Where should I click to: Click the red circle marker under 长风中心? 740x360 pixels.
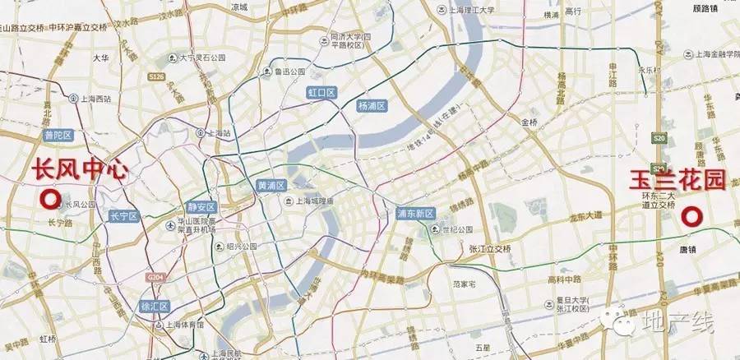[50, 199]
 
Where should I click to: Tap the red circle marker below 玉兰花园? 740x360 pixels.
[692, 217]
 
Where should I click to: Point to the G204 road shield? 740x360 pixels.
[155, 279]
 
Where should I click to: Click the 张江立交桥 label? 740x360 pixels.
[490, 248]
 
